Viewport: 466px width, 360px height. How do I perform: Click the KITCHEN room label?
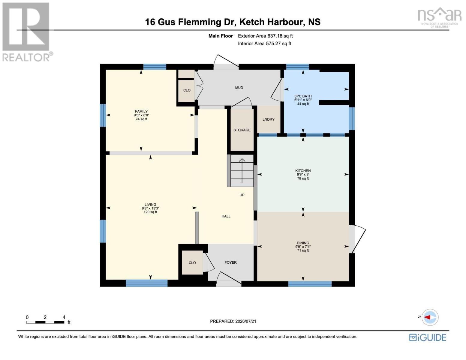[303, 171]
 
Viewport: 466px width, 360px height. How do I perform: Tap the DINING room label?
[303, 243]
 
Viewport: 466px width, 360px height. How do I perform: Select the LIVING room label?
[150, 205]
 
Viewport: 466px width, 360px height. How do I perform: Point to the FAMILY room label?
[141, 111]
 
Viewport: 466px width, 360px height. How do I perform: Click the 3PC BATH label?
[303, 96]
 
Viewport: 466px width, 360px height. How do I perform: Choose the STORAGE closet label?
[242, 130]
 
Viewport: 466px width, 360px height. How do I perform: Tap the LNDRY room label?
[269, 119]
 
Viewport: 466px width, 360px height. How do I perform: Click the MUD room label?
[239, 88]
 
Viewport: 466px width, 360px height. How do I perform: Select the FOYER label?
[230, 262]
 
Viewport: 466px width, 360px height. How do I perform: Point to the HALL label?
[226, 216]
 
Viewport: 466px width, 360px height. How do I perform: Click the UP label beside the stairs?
[242, 195]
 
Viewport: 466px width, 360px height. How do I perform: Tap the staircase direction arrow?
[242, 171]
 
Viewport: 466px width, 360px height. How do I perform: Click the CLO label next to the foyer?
[192, 263]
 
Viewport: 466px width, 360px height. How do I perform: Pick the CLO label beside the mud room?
[187, 90]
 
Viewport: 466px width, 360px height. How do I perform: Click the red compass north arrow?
[427, 317]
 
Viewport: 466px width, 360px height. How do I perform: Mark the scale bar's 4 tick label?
[64, 317]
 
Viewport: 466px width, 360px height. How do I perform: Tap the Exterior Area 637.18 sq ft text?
[265, 36]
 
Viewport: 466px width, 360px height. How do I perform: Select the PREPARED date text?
[233, 321]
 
